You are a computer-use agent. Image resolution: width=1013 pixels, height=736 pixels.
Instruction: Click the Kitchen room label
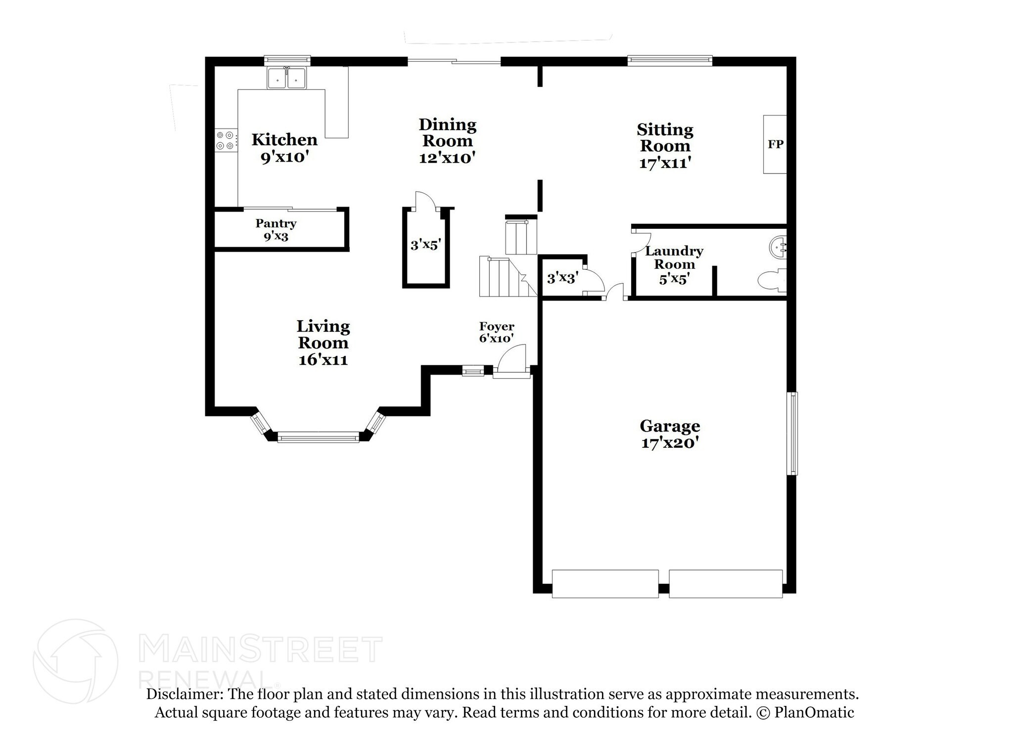[284, 139]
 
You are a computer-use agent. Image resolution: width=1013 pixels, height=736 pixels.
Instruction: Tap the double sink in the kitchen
[286, 78]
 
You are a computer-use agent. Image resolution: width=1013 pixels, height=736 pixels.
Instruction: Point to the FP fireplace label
[775, 144]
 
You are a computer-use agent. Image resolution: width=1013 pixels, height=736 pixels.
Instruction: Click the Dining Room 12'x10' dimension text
[447, 158]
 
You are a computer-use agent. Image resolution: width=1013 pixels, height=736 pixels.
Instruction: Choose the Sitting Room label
[665, 137]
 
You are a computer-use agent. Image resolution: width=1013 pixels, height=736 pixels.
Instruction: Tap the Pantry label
[276, 223]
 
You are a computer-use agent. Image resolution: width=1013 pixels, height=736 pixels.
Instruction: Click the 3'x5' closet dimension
[425, 244]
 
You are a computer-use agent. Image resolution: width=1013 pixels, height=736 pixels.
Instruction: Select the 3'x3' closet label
[562, 278]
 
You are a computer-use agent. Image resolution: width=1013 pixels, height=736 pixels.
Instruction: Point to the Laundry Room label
[674, 258]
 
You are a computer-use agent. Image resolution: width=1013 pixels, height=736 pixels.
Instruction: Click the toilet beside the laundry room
[772, 280]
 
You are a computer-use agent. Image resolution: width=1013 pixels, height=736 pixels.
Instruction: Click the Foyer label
[497, 326]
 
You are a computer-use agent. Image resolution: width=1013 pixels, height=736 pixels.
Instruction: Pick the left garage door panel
[605, 584]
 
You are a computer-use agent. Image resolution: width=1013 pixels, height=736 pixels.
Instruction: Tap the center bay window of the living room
[318, 437]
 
